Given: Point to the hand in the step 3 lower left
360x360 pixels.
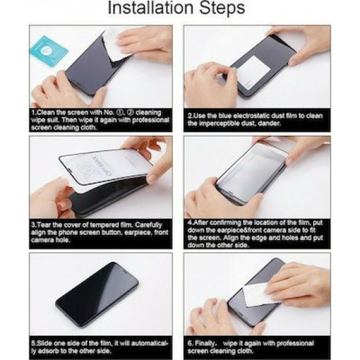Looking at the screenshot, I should [x=52, y=196].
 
